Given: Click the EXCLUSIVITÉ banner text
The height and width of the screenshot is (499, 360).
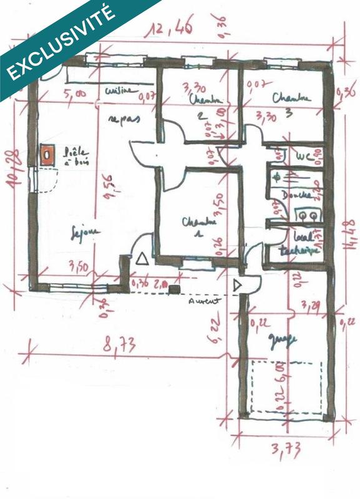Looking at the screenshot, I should (61, 42).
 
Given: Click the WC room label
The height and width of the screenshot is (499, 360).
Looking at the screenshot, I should (303, 155).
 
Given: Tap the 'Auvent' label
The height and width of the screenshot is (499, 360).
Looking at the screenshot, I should (204, 300).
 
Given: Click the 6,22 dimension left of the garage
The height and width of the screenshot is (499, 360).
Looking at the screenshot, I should (213, 326).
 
